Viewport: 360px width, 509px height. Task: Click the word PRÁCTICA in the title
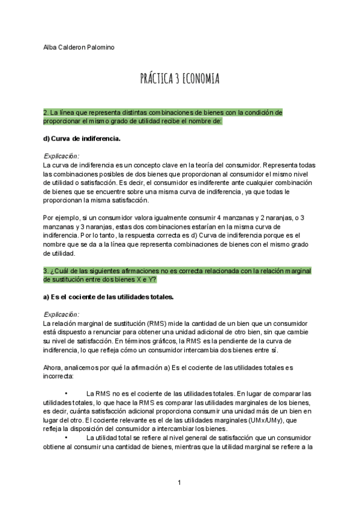tap(157, 79)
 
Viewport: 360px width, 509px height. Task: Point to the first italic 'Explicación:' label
tap(61, 156)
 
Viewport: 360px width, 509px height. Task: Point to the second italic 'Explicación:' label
tap(61, 314)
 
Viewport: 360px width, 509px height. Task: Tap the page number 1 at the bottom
tap(179, 483)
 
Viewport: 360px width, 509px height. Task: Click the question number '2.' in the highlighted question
tap(46, 112)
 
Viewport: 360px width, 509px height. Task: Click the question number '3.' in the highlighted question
tap(46, 271)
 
